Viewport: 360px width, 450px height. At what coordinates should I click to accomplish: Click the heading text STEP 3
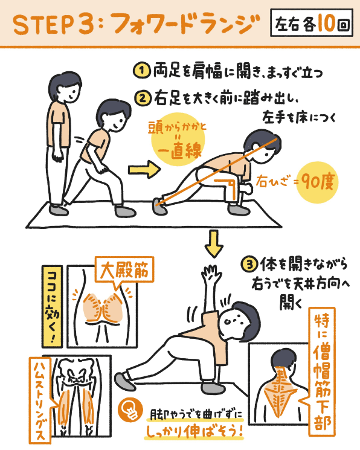coord(51,25)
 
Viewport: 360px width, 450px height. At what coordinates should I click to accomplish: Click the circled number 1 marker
coord(140,71)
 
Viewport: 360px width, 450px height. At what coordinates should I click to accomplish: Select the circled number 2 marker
coord(140,97)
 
